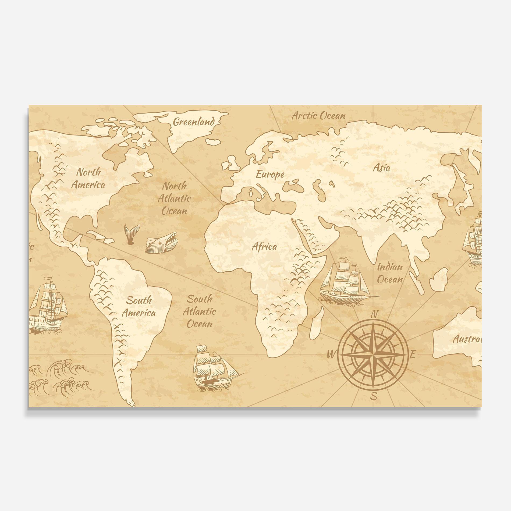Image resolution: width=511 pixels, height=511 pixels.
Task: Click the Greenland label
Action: pos(194,122)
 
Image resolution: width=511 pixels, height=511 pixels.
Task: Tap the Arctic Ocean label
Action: pos(319,116)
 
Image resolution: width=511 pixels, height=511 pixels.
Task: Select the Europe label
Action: pos(270,175)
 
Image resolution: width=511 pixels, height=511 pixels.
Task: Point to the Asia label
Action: pos(381,168)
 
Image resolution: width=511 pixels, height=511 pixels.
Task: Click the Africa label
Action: pos(264,247)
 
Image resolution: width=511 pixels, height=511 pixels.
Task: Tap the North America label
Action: pos(88,178)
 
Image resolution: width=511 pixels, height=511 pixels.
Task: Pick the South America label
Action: pos(139,306)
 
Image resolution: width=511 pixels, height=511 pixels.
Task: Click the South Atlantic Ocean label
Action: pos(200,311)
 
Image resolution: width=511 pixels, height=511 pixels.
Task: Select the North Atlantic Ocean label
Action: pos(174,198)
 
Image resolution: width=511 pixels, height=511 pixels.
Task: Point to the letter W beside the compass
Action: pos(331,355)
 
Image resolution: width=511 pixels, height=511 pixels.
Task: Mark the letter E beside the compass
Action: pos(413,355)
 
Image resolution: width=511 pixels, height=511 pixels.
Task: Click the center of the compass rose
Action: pos(372,355)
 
